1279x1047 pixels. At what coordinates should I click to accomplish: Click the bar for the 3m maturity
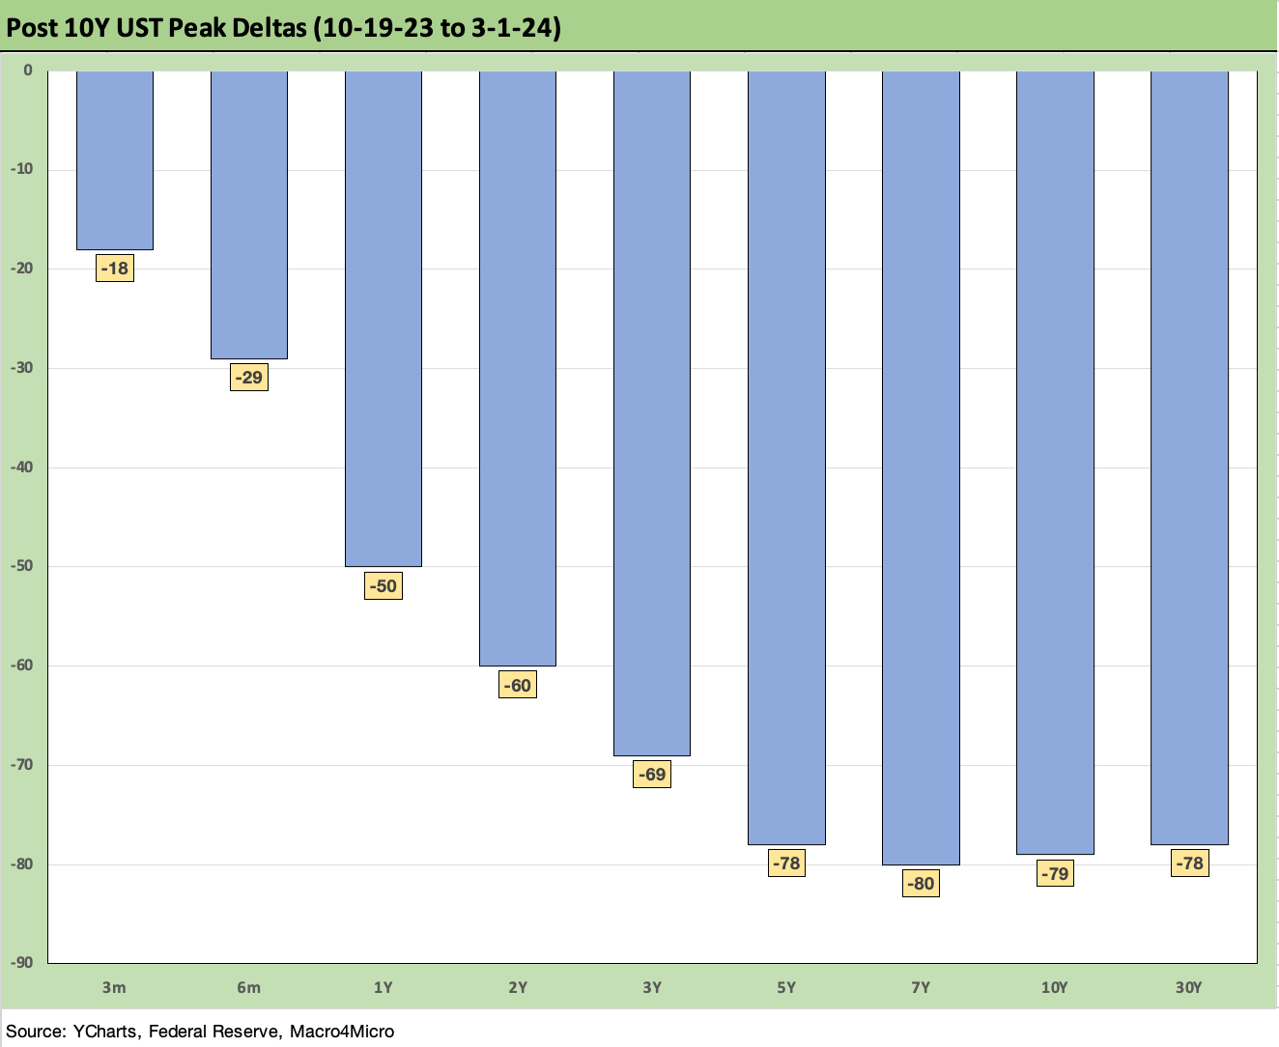click(115, 160)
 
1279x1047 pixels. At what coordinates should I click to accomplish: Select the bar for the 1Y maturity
click(384, 319)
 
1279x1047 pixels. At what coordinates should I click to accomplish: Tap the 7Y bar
click(921, 467)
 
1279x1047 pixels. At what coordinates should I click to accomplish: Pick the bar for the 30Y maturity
click(1189, 458)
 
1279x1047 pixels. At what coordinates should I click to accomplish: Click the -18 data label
click(115, 269)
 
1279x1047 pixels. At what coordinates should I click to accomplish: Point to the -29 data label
click(249, 378)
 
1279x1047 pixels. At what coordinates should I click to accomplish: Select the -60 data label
click(518, 685)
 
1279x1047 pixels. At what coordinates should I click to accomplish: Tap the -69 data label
click(652, 775)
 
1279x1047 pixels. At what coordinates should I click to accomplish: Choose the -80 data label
click(921, 883)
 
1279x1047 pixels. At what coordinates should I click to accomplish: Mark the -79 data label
click(1055, 873)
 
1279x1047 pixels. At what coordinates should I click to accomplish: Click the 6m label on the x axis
click(249, 987)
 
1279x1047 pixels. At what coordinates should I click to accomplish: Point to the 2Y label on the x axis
click(518, 987)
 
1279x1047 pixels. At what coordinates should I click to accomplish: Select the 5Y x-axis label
click(786, 987)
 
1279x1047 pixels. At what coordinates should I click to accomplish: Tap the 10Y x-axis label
click(1055, 987)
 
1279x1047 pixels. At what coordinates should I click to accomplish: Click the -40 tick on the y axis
click(21, 467)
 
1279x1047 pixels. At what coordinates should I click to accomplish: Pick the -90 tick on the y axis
click(21, 963)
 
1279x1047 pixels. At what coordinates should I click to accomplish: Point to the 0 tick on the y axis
click(28, 71)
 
